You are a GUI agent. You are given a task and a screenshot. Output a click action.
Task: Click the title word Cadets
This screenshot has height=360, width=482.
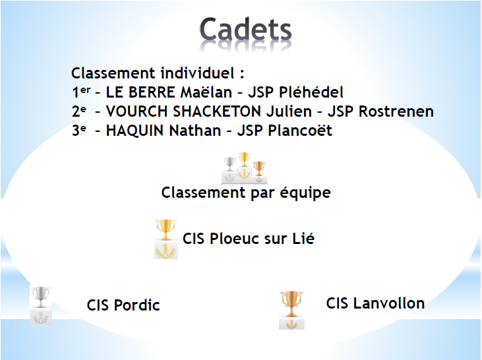pyautogui.click(x=245, y=30)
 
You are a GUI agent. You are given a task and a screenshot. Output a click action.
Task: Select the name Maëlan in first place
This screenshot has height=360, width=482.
pyautogui.click(x=206, y=92)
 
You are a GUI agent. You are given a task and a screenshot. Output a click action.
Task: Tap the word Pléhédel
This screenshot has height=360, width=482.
pyautogui.click(x=311, y=92)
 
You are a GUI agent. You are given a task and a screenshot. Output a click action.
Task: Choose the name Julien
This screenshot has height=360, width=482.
pyautogui.click(x=289, y=111)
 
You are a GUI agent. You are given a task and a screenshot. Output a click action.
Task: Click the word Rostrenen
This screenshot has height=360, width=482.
pyautogui.click(x=396, y=111)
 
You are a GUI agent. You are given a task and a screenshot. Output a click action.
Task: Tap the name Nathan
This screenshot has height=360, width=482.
pyautogui.click(x=195, y=131)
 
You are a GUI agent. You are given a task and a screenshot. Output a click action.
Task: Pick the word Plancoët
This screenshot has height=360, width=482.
pyautogui.click(x=300, y=131)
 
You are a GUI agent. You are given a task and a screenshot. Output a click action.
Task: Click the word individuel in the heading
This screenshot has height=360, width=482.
pyautogui.click(x=198, y=73)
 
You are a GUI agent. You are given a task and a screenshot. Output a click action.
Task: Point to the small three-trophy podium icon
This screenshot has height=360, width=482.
pyautogui.click(x=245, y=168)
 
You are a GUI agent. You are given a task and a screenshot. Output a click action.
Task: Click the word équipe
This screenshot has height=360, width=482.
pyautogui.click(x=305, y=193)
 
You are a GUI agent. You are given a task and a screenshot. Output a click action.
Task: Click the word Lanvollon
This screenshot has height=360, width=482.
pyautogui.click(x=389, y=303)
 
